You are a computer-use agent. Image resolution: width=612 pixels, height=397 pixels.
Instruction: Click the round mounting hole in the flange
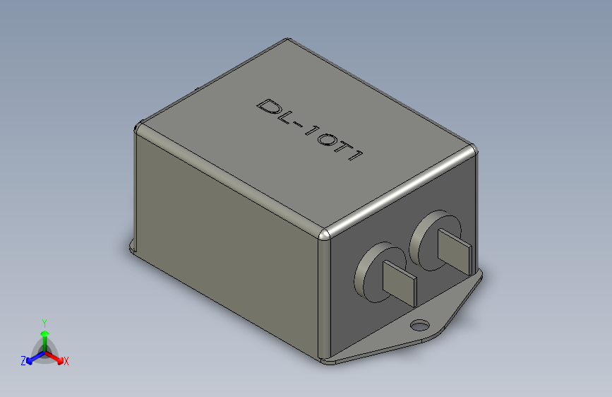(x=419, y=325)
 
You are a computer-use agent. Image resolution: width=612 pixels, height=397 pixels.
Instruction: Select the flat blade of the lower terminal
(x=400, y=283)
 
